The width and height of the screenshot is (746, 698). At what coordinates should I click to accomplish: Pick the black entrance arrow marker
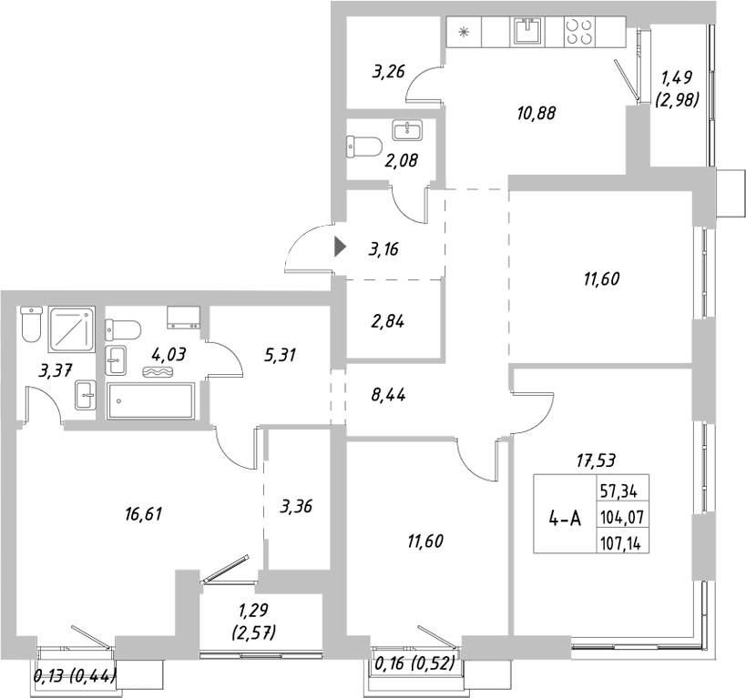click(341, 246)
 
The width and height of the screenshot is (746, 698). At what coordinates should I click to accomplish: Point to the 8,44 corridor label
click(389, 395)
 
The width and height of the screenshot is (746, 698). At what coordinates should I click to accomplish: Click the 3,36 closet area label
click(297, 506)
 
